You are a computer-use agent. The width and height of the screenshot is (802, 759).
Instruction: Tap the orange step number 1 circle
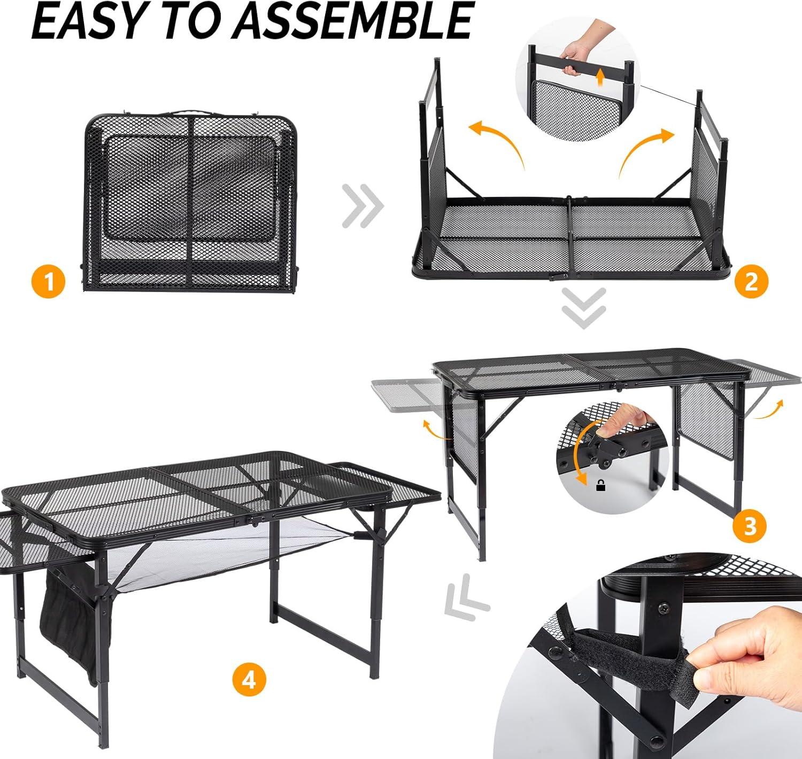(x=49, y=281)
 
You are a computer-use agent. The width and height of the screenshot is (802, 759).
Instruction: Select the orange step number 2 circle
(x=751, y=281)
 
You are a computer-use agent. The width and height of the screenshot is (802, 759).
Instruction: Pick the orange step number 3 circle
(x=750, y=526)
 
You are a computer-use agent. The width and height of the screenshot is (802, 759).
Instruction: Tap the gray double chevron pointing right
(x=363, y=206)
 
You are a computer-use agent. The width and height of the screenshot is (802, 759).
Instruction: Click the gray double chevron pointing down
(x=584, y=308)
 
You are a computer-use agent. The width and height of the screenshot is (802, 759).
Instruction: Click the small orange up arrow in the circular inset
(x=600, y=77)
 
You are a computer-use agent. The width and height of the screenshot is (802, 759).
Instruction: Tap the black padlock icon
(x=600, y=486)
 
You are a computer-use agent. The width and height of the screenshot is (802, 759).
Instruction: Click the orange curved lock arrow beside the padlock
(x=579, y=453)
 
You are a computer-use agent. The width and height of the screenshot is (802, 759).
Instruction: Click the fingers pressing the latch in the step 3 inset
(x=624, y=421)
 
